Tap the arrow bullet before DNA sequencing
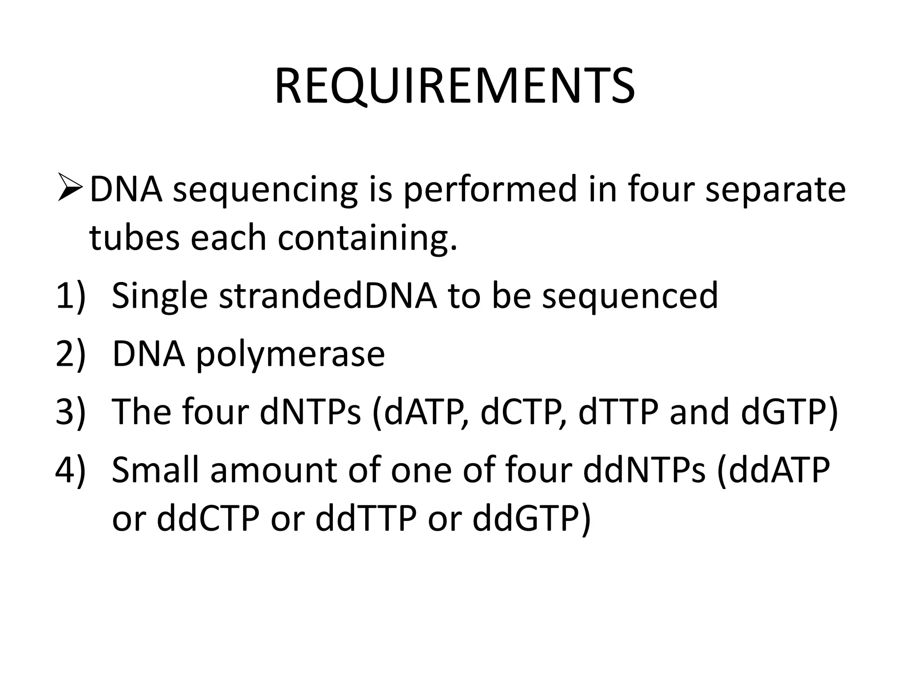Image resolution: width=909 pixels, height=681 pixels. tap(70, 188)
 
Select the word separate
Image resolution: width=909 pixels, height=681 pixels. tap(775, 190)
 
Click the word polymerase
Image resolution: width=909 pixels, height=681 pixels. tap(290, 355)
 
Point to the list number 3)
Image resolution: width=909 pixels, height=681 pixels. tap(70, 411)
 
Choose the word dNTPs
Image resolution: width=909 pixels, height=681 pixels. tap(310, 411)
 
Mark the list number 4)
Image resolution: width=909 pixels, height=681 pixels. tap(70, 470)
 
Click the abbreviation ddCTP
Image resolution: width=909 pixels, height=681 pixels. tap(208, 518)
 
